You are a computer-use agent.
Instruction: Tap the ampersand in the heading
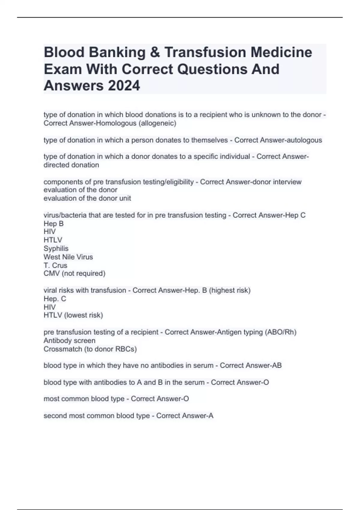pos(154,52)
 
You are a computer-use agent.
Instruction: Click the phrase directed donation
pos(71,165)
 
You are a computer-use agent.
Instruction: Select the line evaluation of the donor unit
pos(87,198)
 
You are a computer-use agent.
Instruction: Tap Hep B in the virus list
pos(53,224)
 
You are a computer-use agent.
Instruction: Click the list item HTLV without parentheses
pos(53,240)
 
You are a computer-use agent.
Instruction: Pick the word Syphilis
pos(56,248)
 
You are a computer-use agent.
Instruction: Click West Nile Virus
pos(68,257)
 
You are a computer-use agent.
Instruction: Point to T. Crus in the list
pos(55,265)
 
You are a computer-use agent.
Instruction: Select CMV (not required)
pos(74,274)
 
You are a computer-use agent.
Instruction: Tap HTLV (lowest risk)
pos(73,315)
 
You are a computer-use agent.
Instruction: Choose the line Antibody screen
pos(69,341)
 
